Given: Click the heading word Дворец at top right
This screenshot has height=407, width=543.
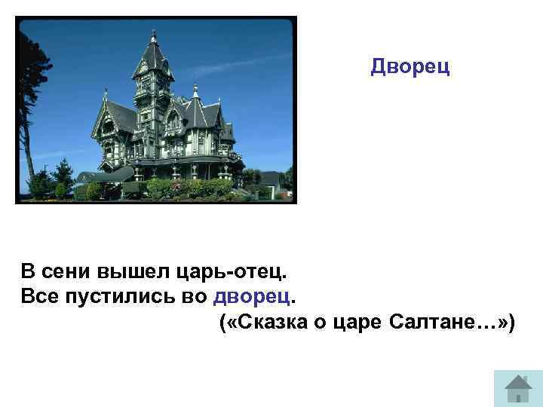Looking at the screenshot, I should [x=410, y=68].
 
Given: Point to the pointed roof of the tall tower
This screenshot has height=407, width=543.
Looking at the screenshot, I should [x=154, y=57].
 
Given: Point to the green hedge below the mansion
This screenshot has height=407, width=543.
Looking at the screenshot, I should [x=189, y=188].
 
